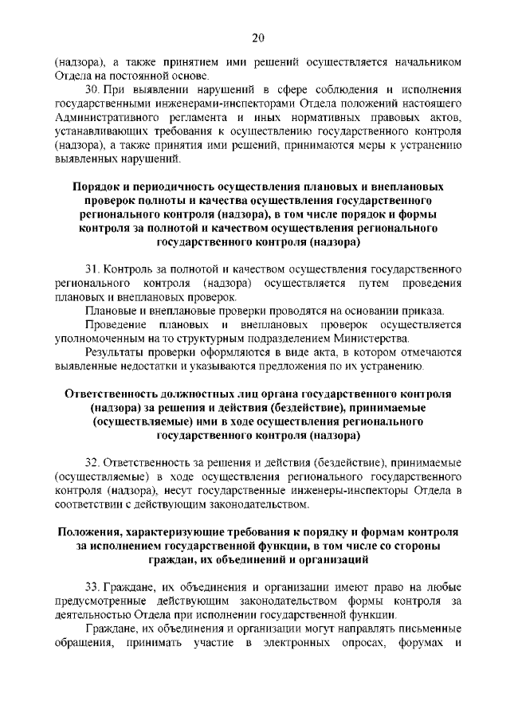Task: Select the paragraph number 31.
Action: point(92,268)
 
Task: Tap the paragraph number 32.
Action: point(92,462)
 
